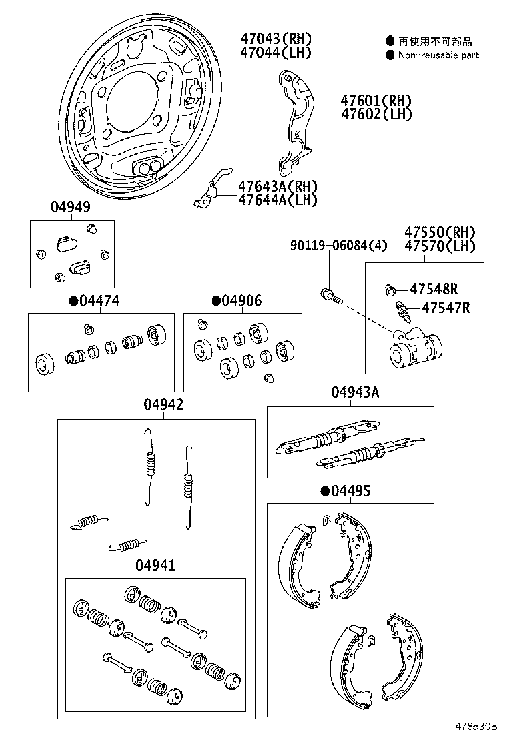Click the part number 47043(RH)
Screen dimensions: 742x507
(x=276, y=39)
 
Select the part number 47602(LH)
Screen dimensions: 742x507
(x=376, y=114)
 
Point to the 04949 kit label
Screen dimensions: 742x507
(x=70, y=208)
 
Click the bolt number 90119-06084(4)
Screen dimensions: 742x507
(x=338, y=246)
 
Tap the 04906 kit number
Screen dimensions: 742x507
(x=241, y=301)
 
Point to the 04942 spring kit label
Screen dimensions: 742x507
(x=163, y=405)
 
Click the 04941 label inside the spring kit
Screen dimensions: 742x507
(x=155, y=565)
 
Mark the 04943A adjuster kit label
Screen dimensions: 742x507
(x=354, y=393)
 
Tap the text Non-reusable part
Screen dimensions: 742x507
(x=438, y=55)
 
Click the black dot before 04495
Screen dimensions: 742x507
(x=325, y=492)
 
